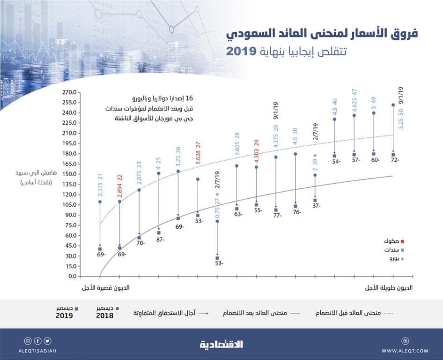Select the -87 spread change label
coord(160,240)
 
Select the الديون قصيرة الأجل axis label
coord(106,287)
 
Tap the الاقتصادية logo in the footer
coord(222,345)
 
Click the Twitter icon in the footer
coord(48,341)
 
